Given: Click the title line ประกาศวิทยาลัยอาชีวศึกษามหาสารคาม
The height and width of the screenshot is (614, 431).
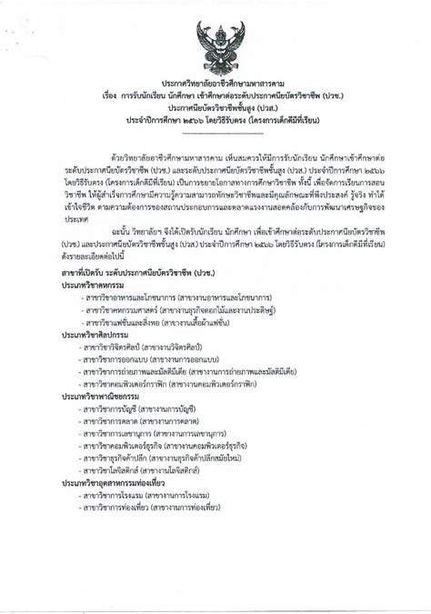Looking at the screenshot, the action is (x=215, y=81).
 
